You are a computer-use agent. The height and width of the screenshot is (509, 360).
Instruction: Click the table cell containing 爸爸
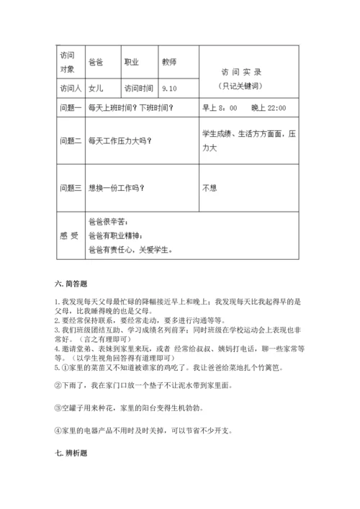(95, 62)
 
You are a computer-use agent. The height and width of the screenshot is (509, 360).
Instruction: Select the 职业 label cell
(132, 62)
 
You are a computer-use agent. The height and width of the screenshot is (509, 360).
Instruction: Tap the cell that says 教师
(170, 62)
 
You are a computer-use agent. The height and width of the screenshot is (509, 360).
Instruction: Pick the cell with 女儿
(95, 89)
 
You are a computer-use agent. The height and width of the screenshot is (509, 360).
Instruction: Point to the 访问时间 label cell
(139, 89)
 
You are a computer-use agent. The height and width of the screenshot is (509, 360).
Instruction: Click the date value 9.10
(170, 89)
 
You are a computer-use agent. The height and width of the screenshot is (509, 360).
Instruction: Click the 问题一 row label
(70, 108)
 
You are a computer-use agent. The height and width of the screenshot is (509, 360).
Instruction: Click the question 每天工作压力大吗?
(120, 140)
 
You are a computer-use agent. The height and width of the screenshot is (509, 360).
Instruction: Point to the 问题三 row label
(70, 189)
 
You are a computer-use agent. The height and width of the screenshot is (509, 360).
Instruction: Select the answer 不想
(210, 189)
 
